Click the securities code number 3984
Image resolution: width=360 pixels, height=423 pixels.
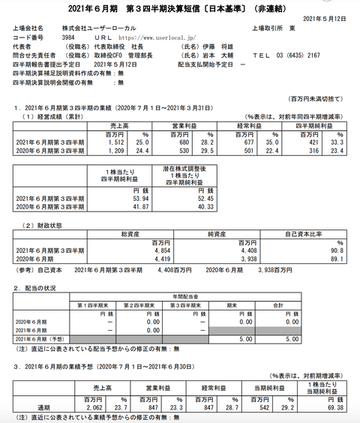[68, 35]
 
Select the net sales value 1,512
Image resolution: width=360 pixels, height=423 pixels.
[121, 140]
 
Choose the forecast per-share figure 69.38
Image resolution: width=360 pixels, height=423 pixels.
[333, 407]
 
